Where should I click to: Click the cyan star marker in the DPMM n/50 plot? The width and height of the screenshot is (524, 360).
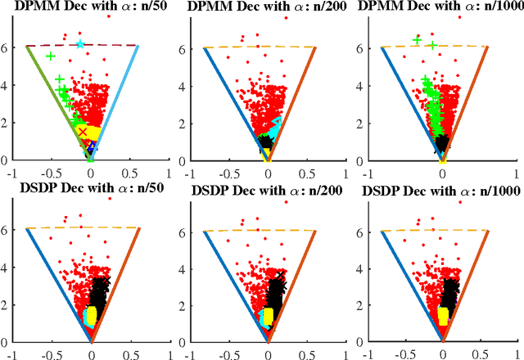point(79,44)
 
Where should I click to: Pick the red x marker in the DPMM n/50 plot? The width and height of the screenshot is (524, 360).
point(82,131)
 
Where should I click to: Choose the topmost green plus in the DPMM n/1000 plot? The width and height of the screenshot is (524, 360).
point(417,39)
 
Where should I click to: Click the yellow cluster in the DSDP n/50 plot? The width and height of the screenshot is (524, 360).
point(92,317)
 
